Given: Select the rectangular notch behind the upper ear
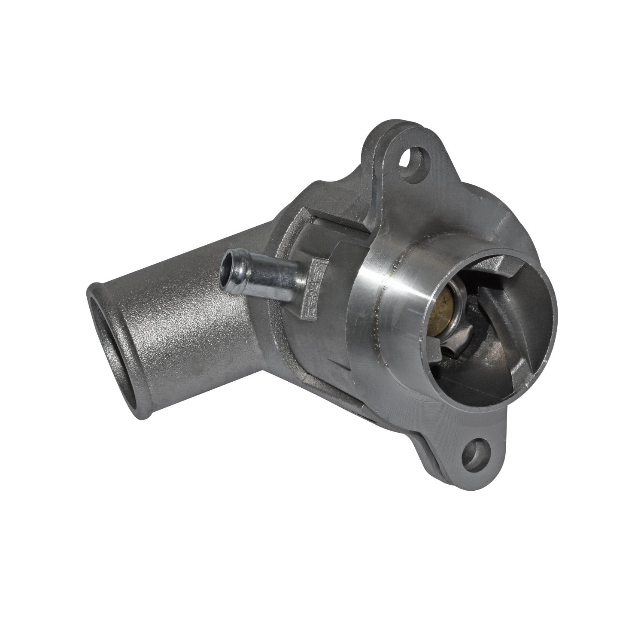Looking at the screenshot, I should click(x=339, y=223).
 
